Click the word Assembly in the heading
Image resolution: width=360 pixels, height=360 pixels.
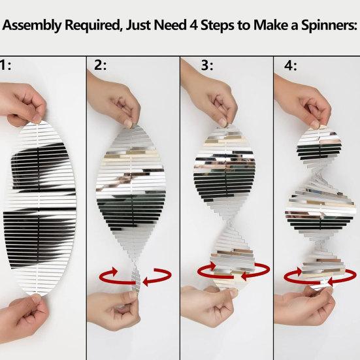click(x=32, y=25)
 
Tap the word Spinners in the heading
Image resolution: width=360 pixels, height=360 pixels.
click(x=329, y=25)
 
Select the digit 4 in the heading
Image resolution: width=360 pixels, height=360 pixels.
click(x=194, y=25)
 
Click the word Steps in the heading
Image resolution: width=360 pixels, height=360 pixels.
click(x=218, y=25)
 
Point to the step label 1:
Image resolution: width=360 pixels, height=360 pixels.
click(x=5, y=65)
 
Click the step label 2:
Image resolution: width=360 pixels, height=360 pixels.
click(x=101, y=65)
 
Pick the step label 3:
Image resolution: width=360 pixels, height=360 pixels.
click(x=207, y=65)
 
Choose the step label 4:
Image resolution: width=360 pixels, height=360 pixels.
click(x=291, y=66)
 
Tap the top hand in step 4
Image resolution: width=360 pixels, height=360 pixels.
click(x=303, y=101)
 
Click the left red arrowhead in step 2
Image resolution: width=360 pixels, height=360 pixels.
click(x=113, y=271)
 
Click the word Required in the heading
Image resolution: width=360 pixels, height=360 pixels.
click(x=93, y=25)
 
